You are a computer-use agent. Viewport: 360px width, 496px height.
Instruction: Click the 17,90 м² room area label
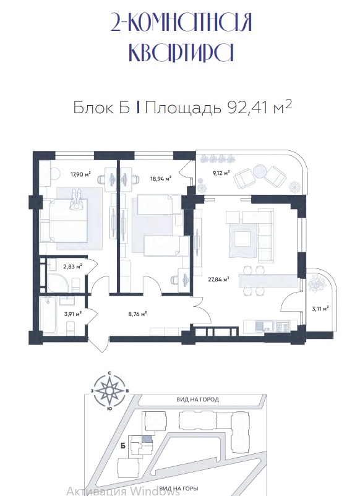(80, 174)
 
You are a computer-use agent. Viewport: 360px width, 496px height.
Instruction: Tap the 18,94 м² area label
(161, 178)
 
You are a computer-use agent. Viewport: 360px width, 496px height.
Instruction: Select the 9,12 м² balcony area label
(220, 173)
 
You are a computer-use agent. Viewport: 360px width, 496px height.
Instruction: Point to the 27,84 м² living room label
(218, 280)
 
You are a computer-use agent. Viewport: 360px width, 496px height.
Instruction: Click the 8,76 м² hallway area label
(137, 314)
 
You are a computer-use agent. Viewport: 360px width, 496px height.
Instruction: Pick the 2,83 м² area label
(73, 267)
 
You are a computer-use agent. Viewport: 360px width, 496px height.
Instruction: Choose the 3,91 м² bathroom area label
(72, 314)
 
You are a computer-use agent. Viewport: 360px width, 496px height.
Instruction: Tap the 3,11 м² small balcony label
(320, 309)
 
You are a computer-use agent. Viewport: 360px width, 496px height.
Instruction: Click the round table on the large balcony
(261, 171)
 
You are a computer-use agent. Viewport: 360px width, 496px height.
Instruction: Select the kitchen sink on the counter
(263, 327)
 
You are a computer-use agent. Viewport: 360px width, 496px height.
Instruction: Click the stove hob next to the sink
(283, 327)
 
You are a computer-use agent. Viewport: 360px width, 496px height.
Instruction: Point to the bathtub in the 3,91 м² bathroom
(49, 314)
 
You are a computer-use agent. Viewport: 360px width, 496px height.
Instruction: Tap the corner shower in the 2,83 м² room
(58, 282)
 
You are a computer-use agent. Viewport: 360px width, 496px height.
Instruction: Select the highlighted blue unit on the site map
(147, 439)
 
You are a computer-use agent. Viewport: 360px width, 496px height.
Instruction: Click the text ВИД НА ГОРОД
(198, 400)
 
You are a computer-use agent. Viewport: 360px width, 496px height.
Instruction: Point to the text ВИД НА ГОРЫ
(179, 488)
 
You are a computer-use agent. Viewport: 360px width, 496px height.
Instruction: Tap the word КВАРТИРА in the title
(181, 53)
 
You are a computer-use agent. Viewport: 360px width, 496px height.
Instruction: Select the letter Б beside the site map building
(123, 446)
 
